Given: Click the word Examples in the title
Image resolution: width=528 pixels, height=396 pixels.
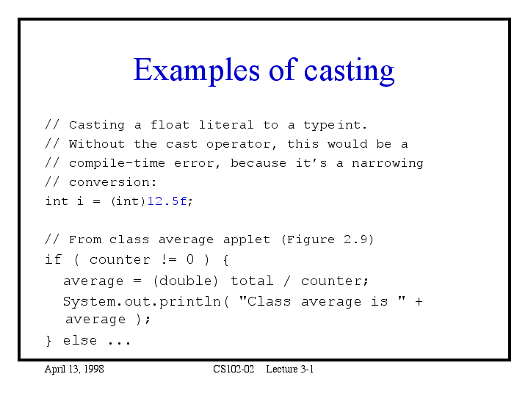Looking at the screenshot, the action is (x=197, y=70).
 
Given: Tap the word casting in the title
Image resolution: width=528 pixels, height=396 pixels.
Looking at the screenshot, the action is (x=350, y=71).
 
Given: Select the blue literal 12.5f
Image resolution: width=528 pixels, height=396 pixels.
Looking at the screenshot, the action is (x=167, y=201).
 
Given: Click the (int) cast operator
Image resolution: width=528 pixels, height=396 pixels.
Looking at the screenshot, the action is (x=129, y=201).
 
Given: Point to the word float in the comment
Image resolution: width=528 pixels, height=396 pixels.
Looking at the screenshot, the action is (x=170, y=125).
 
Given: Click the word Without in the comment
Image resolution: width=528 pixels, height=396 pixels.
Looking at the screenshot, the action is (x=97, y=144).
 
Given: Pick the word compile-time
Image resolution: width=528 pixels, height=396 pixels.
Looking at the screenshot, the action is (x=117, y=163).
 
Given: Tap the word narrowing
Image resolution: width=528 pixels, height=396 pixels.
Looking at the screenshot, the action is (x=388, y=164).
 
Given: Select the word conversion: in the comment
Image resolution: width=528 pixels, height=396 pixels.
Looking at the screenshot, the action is (x=113, y=182).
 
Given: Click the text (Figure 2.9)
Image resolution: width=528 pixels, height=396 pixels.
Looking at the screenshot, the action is (x=328, y=240).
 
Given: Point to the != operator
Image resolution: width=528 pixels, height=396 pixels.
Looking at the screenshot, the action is (x=169, y=259).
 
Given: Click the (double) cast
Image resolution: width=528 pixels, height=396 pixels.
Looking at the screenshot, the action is (x=186, y=281).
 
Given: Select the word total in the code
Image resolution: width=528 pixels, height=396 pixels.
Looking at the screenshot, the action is (x=252, y=281).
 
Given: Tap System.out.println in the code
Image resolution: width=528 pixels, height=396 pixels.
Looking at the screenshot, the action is (x=142, y=302).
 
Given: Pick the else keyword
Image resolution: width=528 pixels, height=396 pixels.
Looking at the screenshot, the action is (x=80, y=340).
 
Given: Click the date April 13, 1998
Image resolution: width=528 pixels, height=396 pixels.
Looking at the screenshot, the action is (x=74, y=370).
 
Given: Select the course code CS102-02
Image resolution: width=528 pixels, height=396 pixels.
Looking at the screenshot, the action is (x=234, y=369).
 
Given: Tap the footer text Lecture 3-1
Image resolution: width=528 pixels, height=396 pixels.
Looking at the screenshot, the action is (x=290, y=369).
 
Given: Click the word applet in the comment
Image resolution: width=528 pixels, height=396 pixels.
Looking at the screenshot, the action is (x=247, y=240).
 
